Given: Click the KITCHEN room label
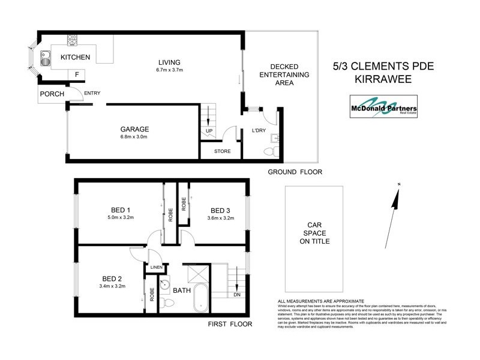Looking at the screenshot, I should point(76,58).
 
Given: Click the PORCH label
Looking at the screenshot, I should point(52,94).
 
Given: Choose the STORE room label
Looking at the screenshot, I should point(222,151).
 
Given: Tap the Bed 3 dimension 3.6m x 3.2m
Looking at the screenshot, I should point(221,218).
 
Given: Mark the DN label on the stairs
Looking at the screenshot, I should point(237,295).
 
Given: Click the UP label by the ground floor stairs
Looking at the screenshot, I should point(209,130).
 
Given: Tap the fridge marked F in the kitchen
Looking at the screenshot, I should point(76,74).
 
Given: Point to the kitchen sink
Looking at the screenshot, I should point(45,59).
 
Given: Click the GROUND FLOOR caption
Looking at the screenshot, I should point(295,172).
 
